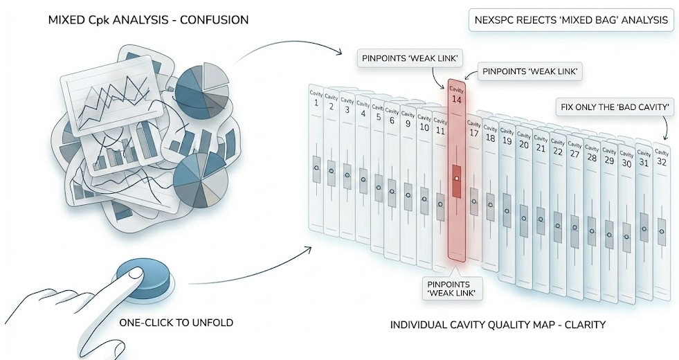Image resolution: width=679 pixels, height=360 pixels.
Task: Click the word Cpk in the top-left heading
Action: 97,20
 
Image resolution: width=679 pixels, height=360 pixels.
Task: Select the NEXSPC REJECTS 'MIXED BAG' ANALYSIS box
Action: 571,20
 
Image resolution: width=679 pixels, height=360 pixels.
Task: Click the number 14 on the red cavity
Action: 456,100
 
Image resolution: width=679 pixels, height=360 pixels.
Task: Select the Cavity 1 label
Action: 316,99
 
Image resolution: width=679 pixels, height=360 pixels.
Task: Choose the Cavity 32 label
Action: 662,158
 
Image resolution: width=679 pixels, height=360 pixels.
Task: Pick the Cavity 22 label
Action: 557,147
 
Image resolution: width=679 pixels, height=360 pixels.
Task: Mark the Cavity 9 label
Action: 408,120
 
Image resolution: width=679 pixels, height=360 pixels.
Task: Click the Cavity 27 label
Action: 574,150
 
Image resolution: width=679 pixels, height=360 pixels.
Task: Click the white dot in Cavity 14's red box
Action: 456,179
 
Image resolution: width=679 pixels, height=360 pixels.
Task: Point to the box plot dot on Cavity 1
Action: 316,168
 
